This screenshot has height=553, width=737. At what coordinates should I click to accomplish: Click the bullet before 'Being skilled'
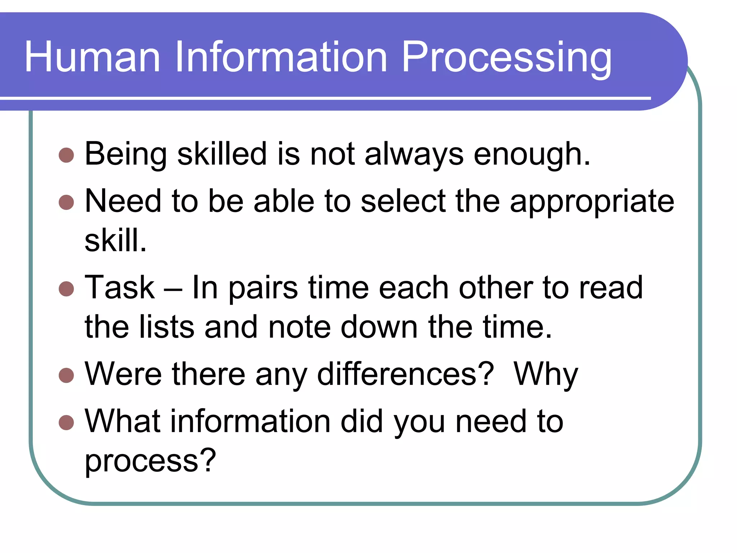pos(66,155)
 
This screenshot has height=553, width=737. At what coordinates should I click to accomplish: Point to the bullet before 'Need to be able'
pos(66,202)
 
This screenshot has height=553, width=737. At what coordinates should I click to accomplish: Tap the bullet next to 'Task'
pos(66,288)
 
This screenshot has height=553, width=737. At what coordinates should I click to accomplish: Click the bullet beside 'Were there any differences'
pos(66,375)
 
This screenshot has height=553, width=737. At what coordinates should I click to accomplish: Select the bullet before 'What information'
pos(66,422)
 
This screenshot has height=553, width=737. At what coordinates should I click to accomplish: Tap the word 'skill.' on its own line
pos(116,240)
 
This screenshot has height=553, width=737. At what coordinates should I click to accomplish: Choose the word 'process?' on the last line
pos(150,461)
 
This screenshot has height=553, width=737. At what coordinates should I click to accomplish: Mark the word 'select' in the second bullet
pos(403,202)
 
